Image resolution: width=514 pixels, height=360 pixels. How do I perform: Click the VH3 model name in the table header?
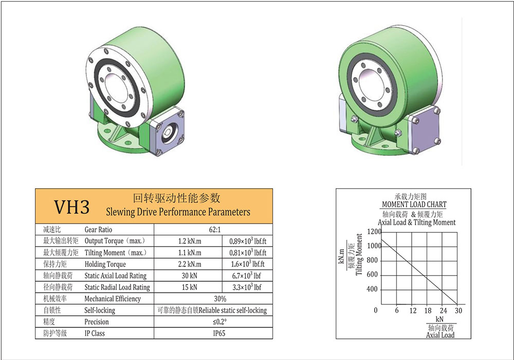tap(71, 207)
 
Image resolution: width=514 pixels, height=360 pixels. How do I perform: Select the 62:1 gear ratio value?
tap(215, 229)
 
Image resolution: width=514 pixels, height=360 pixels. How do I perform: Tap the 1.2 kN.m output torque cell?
tap(190, 241)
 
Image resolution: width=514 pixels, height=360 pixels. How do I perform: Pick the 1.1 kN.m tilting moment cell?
tap(190, 253)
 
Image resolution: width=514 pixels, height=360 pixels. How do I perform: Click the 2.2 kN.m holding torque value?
tap(190, 264)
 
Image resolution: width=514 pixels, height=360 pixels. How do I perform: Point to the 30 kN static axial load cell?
tap(190, 276)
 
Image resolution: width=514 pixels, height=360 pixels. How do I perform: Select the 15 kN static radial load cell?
tap(190, 287)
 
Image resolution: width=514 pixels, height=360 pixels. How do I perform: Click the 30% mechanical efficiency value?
tap(220, 299)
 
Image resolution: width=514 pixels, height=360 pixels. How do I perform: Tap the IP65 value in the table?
tap(219, 333)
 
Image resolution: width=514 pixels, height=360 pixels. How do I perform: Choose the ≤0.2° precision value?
tap(219, 322)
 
